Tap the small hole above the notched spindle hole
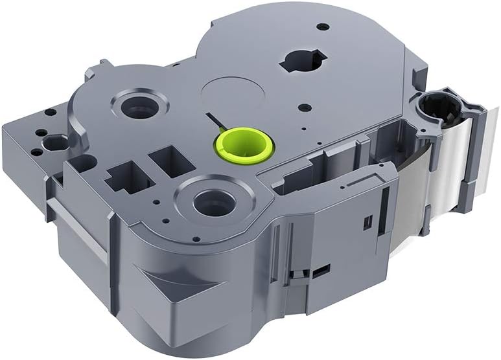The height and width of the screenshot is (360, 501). pos(322,27)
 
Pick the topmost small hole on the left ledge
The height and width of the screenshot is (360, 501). pos(51,112)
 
